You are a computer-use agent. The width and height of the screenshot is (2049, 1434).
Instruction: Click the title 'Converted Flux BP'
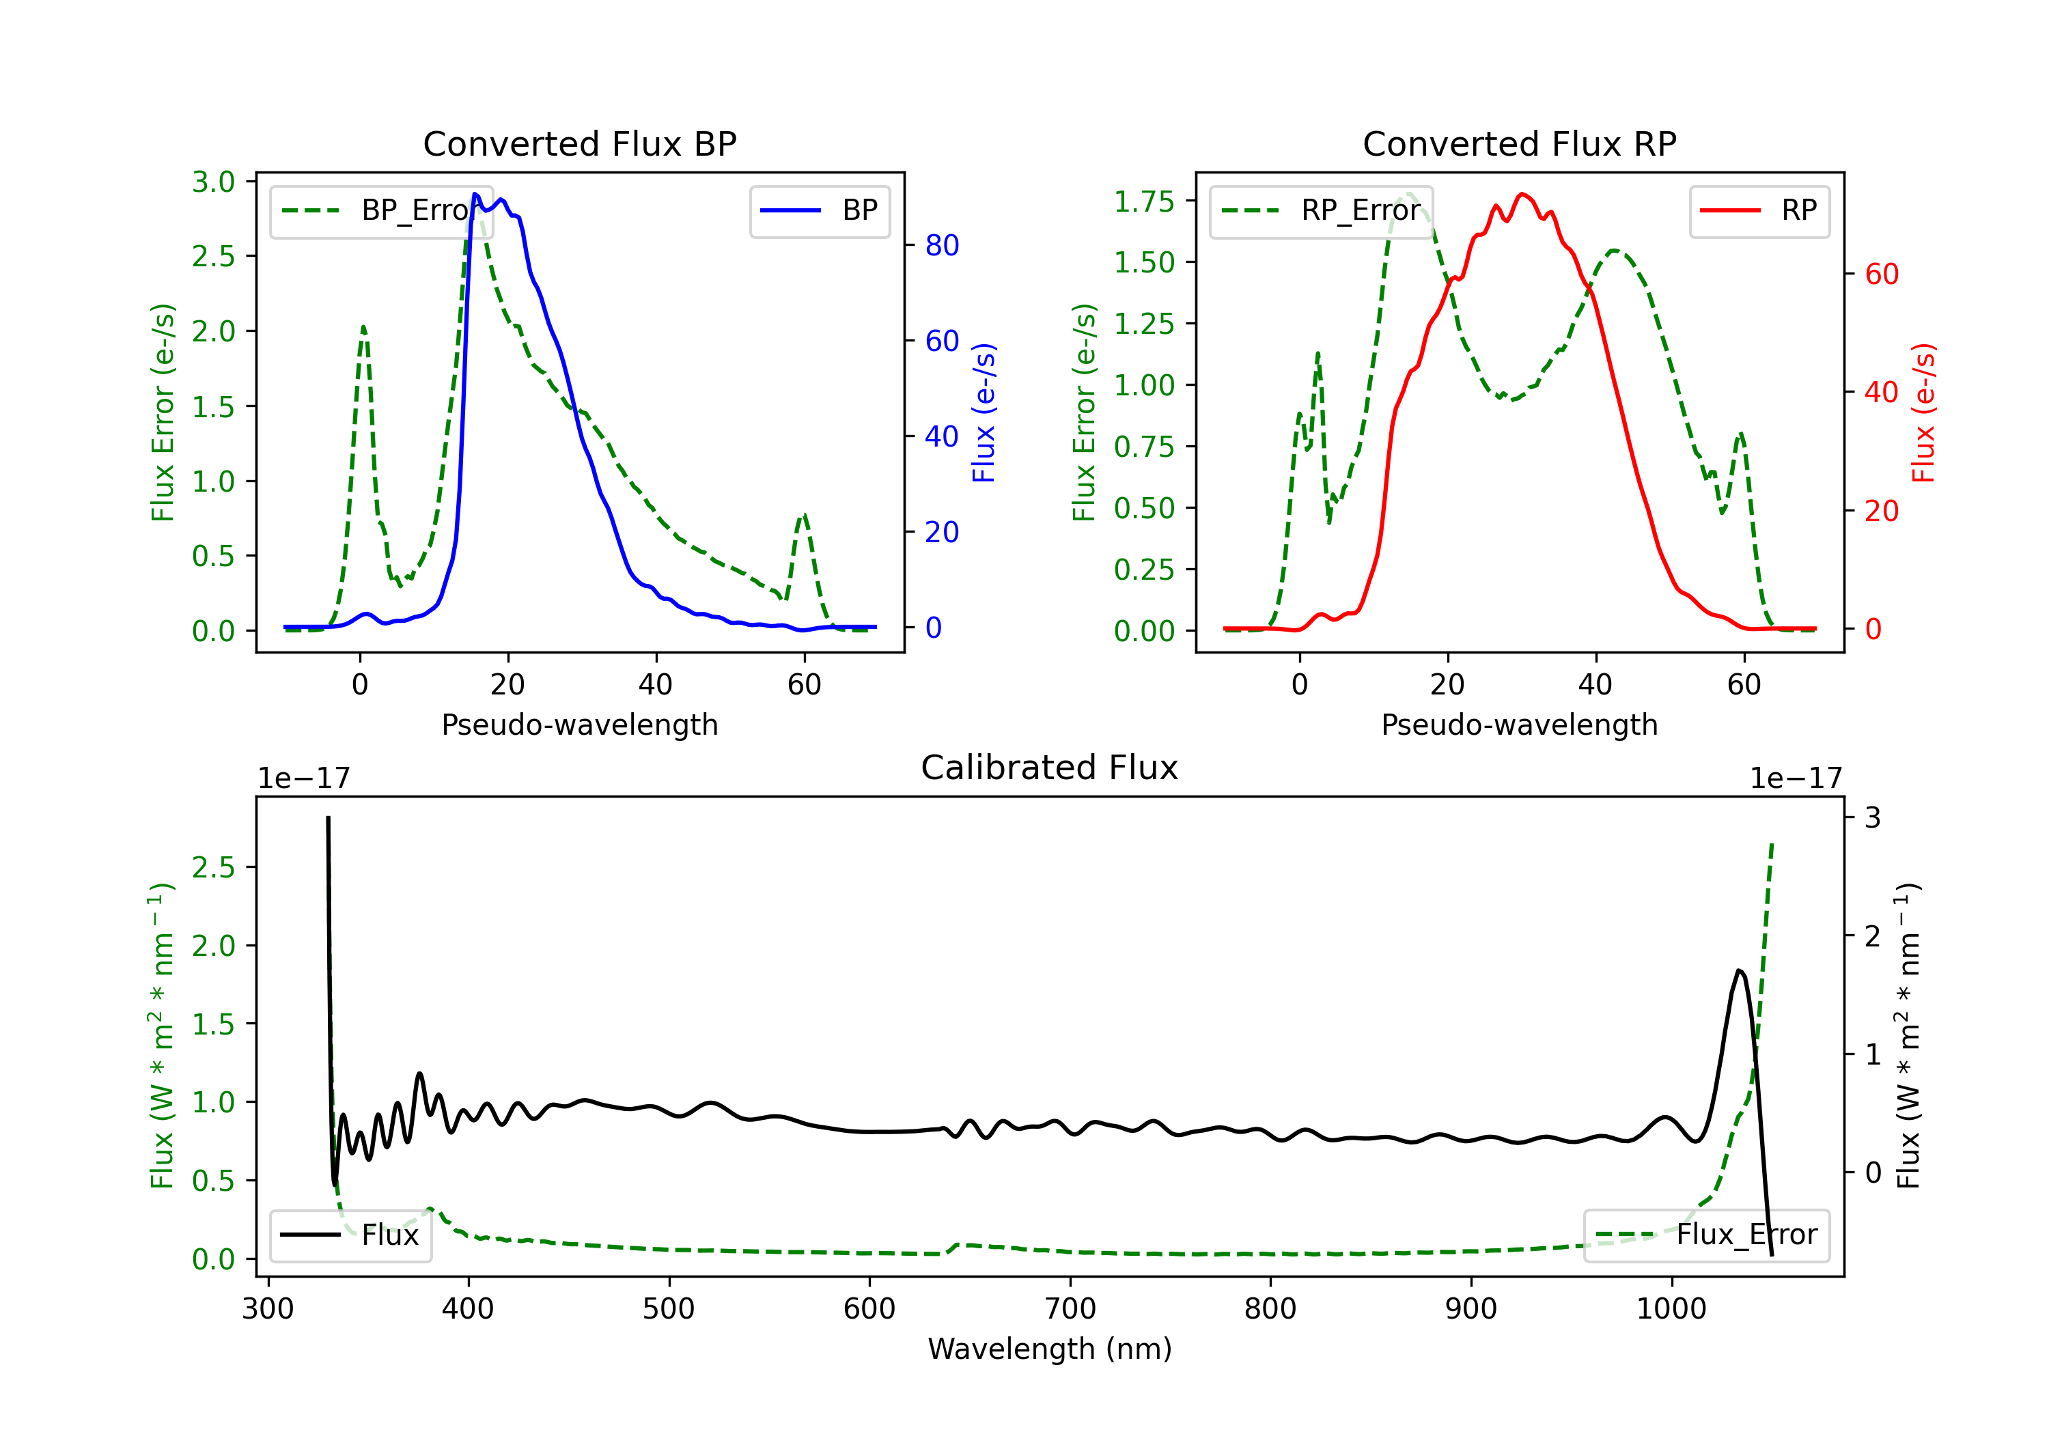(579, 143)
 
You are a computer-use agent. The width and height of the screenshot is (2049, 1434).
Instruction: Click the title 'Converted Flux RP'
(1519, 143)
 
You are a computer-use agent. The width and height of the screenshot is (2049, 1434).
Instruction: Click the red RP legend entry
(1758, 210)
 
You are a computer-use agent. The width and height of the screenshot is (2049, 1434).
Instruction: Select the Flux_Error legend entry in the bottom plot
(1705, 1235)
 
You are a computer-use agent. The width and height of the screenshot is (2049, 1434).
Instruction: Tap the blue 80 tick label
(941, 245)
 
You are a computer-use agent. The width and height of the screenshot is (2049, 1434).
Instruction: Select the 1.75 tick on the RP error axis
(1144, 201)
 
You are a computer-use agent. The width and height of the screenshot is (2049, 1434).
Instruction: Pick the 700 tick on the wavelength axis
(1069, 1309)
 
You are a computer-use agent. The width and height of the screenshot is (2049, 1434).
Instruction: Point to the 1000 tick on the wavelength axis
(1671, 1309)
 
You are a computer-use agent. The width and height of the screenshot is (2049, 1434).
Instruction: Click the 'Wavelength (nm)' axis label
(1050, 1349)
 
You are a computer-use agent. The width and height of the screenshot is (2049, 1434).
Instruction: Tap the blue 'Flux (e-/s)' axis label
(984, 413)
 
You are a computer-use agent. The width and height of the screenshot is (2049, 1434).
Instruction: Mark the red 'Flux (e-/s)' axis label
(1923, 413)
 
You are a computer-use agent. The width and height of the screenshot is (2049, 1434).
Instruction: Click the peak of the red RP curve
(1522, 194)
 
